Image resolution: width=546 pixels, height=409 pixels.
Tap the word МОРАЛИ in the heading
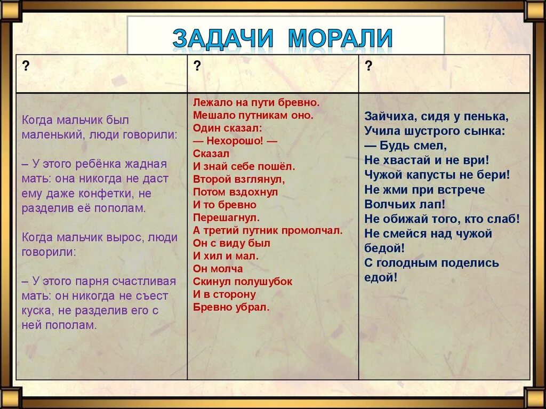[x=341, y=38]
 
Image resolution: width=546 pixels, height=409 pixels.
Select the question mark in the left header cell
[x=25, y=66]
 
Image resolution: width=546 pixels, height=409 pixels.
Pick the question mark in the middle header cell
[x=197, y=66]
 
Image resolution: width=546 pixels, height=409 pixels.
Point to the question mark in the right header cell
[x=368, y=66]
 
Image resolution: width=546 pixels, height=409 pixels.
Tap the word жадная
[x=146, y=164]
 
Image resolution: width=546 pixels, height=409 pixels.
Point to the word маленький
[x=49, y=134]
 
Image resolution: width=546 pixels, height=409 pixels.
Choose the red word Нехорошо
[x=234, y=140]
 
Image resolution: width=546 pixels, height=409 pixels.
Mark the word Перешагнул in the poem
[x=226, y=217]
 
